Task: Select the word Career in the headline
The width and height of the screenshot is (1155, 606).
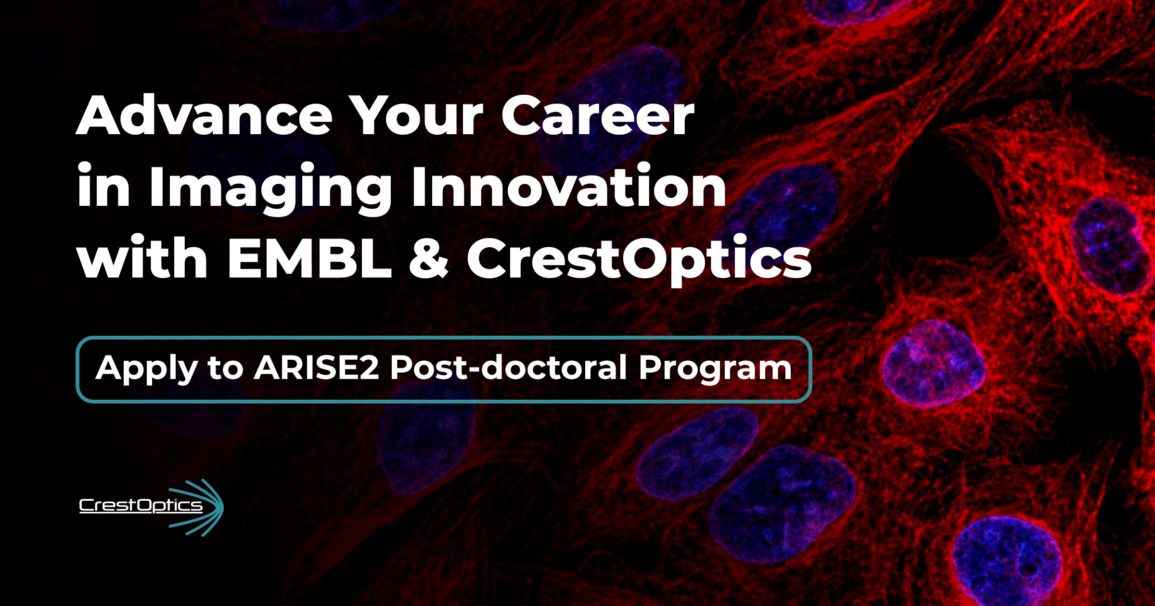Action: coord(598,115)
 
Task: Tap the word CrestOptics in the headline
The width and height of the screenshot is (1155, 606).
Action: coord(639,260)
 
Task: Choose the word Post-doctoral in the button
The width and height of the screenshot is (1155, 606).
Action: coord(508,367)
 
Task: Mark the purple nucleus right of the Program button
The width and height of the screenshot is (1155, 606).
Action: coord(934,364)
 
